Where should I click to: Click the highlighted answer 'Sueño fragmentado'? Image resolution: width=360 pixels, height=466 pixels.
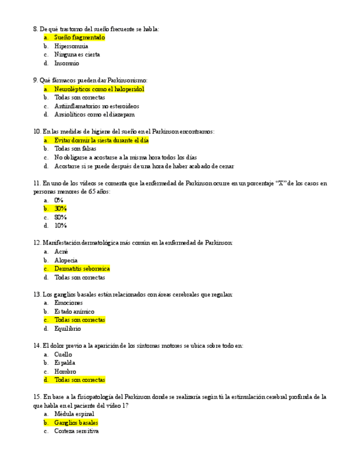(79, 37)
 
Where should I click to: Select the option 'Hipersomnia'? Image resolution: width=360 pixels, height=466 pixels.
(71, 46)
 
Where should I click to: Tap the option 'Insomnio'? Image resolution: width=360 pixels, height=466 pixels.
(67, 63)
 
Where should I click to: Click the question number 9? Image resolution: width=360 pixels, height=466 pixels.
(36, 80)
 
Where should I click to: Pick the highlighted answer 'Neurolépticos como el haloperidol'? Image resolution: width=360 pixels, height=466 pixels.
(99, 89)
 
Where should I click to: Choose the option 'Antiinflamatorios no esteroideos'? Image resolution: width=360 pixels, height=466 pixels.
(96, 106)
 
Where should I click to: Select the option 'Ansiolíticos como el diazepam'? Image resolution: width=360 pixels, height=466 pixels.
(94, 114)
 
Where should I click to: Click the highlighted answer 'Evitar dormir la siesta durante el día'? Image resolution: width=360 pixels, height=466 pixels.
(101, 140)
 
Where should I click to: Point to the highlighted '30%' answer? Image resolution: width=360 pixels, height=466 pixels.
(60, 209)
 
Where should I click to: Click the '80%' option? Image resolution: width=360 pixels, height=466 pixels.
(60, 217)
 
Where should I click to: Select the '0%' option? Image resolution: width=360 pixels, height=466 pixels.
(59, 200)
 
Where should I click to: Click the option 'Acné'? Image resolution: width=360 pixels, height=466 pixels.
(61, 252)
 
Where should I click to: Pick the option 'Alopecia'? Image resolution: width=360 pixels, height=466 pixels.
(66, 260)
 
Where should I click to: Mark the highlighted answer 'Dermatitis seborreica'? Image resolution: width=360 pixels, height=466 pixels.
(82, 269)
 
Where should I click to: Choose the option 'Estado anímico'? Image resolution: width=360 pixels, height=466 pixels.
(74, 312)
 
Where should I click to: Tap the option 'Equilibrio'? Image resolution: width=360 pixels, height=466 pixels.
(67, 329)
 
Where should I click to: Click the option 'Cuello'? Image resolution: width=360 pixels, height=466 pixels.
(63, 354)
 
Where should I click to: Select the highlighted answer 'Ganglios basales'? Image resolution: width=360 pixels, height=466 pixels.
(76, 423)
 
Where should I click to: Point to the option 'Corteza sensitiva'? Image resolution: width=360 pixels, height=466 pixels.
(76, 431)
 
